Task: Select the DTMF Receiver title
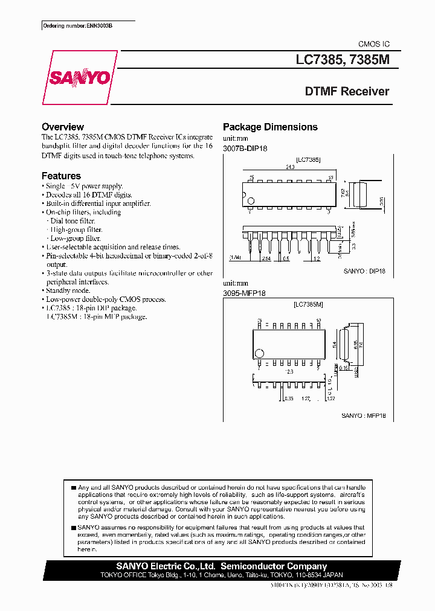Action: coord(347,92)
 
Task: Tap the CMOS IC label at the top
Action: coord(374,44)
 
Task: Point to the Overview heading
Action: coord(62,127)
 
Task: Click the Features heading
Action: coord(61,176)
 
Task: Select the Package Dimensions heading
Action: coord(270,127)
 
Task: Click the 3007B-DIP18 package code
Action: coord(245,148)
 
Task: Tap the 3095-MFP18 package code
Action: coord(245,293)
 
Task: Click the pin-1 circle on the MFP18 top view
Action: coord(259,353)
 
